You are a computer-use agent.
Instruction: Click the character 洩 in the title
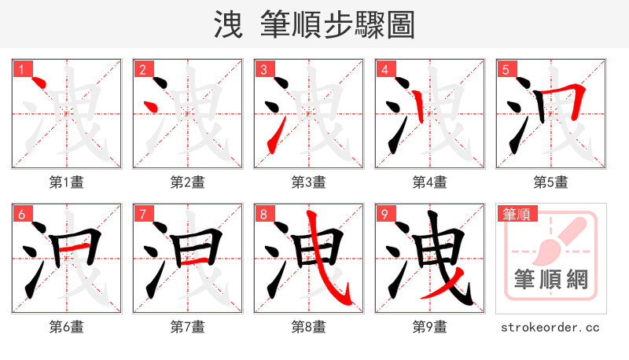[228, 24]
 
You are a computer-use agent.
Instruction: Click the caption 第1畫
[67, 182]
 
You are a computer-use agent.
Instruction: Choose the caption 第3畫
[308, 182]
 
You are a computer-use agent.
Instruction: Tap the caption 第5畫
[550, 182]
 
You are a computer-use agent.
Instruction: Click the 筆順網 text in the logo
[550, 279]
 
